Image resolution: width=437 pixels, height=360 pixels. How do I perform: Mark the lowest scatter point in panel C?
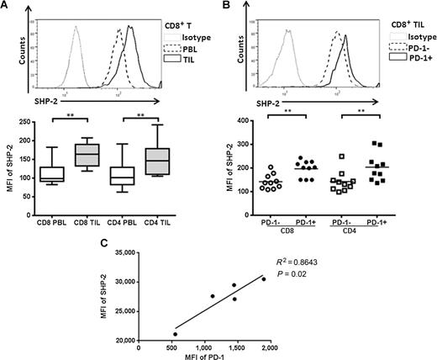pyautogui.click(x=152, y=334)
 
